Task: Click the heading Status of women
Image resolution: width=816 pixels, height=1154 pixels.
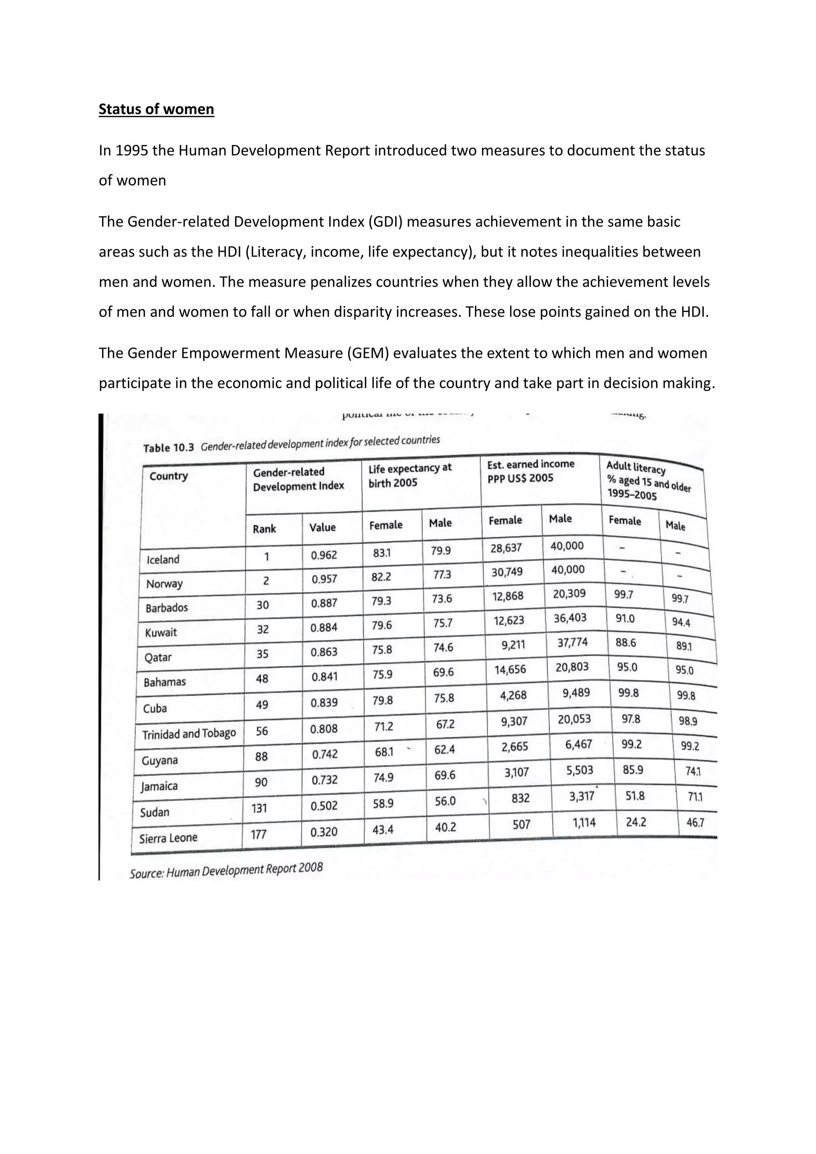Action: coord(156,109)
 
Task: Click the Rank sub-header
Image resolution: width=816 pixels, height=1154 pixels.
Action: coord(264,529)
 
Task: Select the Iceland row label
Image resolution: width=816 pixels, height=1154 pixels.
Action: coord(163,559)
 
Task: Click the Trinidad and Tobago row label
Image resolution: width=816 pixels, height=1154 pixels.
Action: coord(189,734)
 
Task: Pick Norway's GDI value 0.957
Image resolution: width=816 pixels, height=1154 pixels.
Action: coord(324,579)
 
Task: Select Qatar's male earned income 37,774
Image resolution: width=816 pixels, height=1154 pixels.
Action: coord(572,642)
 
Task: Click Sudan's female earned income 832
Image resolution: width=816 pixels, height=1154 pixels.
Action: coord(520,798)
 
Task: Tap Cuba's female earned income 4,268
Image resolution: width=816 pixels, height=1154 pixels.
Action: coord(514,695)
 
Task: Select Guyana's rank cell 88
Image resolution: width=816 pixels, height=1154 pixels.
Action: coord(261,756)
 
